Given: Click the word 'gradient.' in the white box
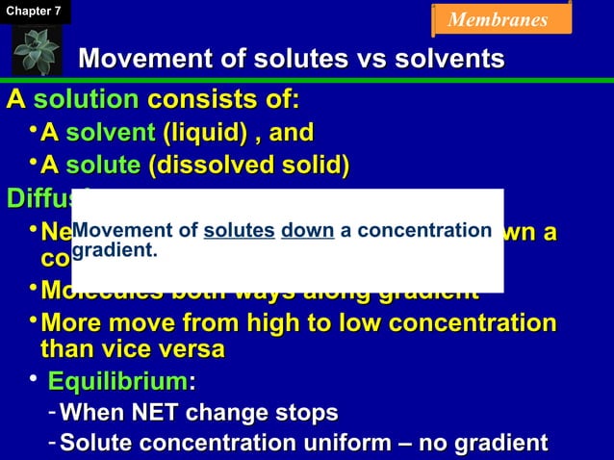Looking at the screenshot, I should [115, 250].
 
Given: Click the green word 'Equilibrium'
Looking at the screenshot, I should [118, 382].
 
